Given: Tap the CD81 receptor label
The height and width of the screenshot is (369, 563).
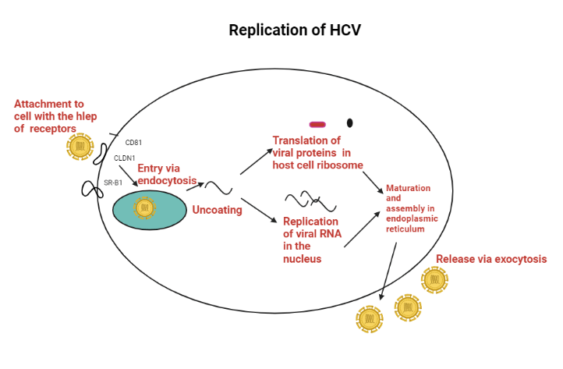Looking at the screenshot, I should click(x=133, y=143).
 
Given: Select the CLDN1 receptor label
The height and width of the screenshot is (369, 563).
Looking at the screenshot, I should click(x=125, y=158).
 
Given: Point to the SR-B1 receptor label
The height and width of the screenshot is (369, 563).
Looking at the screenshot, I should click(x=114, y=183).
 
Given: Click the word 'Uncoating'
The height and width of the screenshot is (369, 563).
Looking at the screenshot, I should click(x=217, y=210).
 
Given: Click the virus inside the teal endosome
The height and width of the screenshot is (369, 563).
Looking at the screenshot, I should click(x=144, y=208).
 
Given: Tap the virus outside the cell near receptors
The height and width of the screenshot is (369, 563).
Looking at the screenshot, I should click(x=80, y=146).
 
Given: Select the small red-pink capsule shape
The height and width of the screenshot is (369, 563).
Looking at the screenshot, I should click(x=317, y=124).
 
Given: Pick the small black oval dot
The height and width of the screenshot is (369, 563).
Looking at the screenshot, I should click(x=349, y=122).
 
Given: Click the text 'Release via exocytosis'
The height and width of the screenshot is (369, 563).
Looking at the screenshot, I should click(x=491, y=259).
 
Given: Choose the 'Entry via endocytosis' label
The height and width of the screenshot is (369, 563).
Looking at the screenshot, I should click(x=167, y=175).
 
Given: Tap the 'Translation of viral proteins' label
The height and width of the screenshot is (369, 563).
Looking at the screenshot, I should click(x=317, y=152).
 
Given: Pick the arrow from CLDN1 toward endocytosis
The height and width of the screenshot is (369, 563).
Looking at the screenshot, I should click(x=129, y=176).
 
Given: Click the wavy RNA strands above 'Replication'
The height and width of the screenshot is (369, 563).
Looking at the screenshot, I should click(x=310, y=201).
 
